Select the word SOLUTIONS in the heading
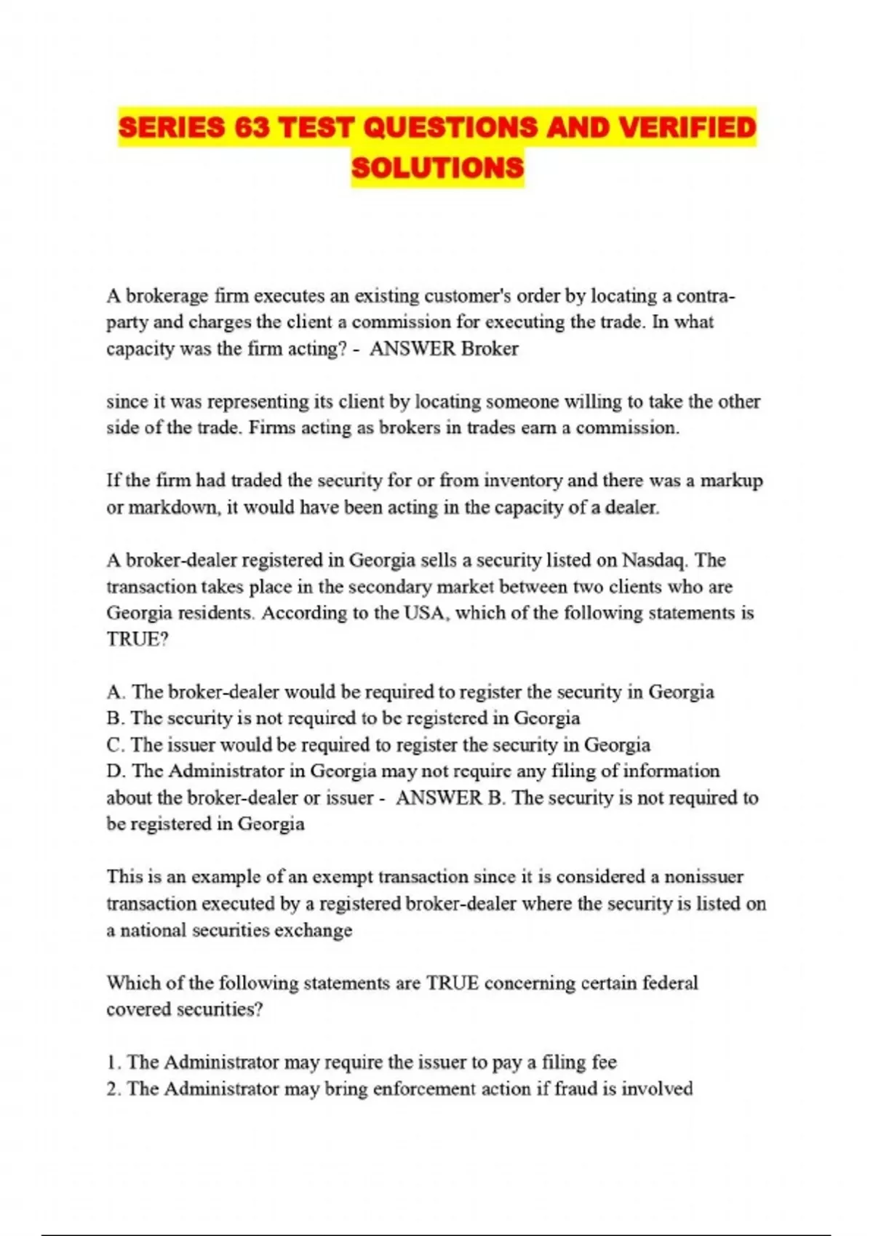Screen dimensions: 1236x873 437,168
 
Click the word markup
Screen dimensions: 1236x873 732,481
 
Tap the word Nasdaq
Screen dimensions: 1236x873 655,561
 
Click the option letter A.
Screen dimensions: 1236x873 114,692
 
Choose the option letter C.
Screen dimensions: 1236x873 114,745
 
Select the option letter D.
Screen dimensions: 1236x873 114,771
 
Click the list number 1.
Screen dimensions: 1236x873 112,1063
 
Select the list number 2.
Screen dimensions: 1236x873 112,1089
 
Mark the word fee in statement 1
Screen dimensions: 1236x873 604,1063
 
